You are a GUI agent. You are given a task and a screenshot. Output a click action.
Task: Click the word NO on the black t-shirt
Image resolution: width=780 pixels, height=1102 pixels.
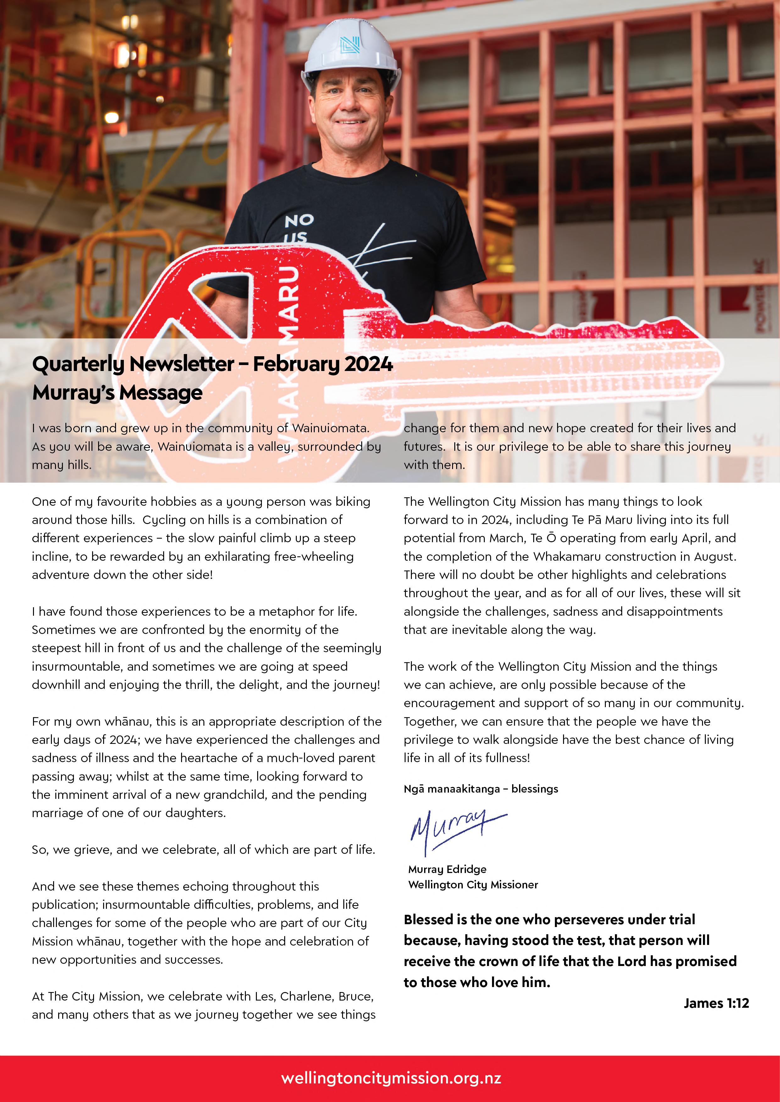pos(299,221)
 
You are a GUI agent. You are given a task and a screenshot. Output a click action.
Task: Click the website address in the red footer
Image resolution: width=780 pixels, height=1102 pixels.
pos(391,1078)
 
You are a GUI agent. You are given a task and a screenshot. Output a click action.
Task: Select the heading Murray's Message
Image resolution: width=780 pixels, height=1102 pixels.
pos(117,393)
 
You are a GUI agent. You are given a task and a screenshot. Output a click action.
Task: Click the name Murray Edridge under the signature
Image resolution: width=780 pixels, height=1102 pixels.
pos(447,869)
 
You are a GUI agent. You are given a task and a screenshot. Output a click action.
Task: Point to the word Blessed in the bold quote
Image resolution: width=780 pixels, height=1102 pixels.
pos(429,919)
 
